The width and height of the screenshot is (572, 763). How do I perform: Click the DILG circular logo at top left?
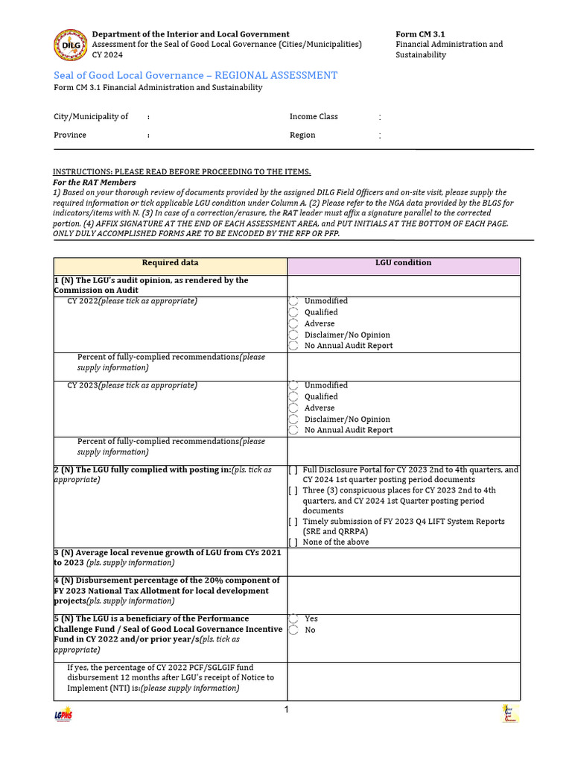pyautogui.click(x=70, y=45)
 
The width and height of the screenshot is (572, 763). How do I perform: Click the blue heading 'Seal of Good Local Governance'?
pyautogui.click(x=195, y=75)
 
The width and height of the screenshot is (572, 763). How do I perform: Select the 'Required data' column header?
pyautogui.click(x=171, y=263)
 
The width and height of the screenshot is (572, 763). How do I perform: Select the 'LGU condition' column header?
pyautogui.click(x=404, y=263)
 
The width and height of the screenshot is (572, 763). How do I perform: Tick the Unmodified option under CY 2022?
pyautogui.click(x=293, y=301)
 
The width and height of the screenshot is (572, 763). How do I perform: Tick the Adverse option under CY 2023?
pyautogui.click(x=293, y=408)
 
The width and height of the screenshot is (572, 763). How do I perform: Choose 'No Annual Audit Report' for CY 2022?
pyautogui.click(x=293, y=346)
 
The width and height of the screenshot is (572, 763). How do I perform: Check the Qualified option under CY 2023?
pyautogui.click(x=293, y=397)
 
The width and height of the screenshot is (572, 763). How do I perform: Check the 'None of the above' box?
pyautogui.click(x=293, y=542)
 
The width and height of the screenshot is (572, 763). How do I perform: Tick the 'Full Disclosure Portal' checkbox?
pyautogui.click(x=293, y=470)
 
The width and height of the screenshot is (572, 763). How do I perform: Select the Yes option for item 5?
pyautogui.click(x=293, y=619)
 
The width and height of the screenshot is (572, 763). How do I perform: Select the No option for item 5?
pyautogui.click(x=293, y=630)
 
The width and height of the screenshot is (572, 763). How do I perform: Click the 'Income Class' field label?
pyautogui.click(x=314, y=117)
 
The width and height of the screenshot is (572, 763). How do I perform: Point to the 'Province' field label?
pyautogui.click(x=70, y=136)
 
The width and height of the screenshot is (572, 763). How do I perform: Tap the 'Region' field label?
pyautogui.click(x=302, y=136)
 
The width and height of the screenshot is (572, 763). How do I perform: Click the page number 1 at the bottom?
pyautogui.click(x=287, y=710)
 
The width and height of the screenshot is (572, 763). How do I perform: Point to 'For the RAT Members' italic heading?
pyautogui.click(x=95, y=183)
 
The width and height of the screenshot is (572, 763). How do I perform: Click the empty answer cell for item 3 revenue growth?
pyautogui.click(x=404, y=562)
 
